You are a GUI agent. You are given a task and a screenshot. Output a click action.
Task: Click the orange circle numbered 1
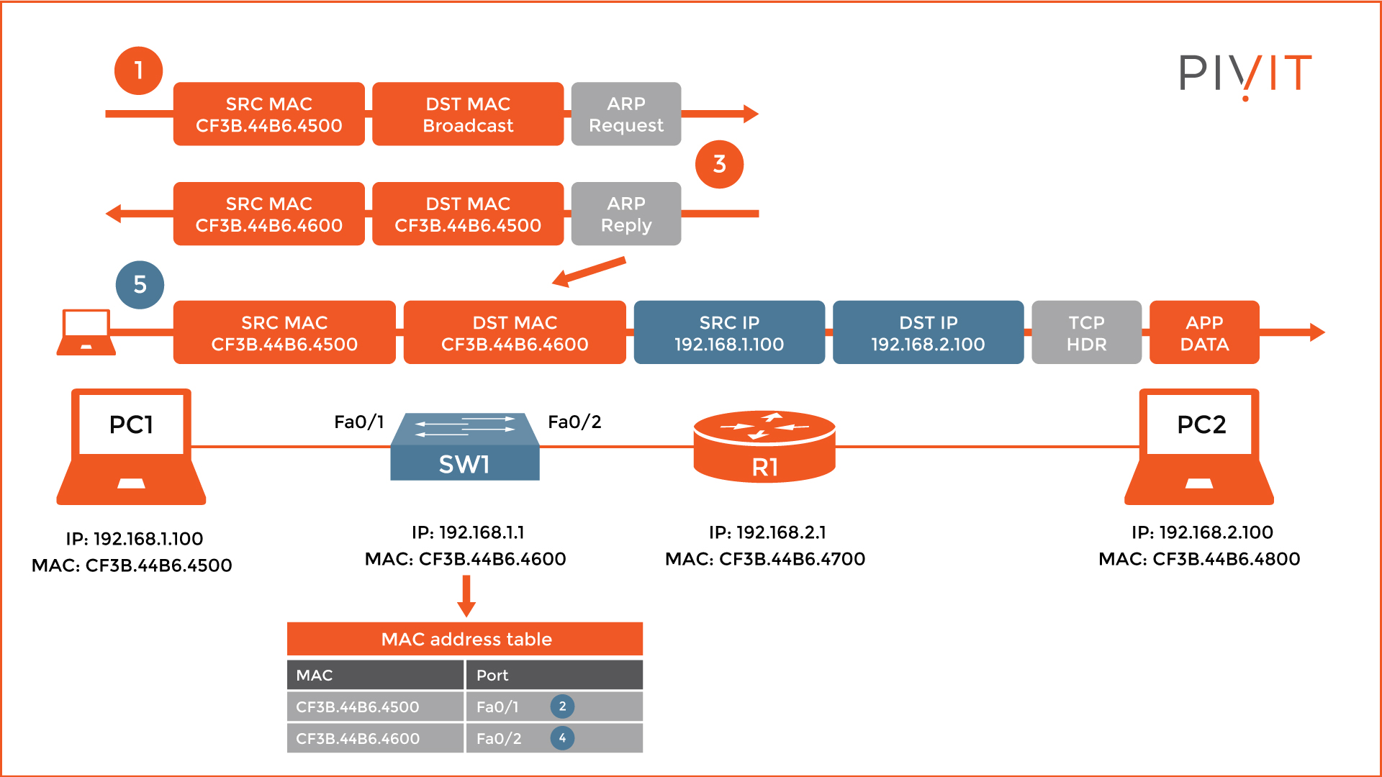[138, 71]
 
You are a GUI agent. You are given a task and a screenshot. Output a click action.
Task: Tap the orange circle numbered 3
[719, 164]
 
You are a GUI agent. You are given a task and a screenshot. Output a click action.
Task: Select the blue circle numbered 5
[140, 285]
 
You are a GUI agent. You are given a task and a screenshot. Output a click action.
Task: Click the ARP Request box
[625, 114]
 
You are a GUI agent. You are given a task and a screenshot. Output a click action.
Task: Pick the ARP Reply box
[625, 214]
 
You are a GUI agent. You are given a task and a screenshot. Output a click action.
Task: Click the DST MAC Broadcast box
[468, 114]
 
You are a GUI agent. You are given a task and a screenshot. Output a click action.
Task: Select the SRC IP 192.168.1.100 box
[729, 332]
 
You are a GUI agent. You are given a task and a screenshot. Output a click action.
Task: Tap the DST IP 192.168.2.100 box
[928, 332]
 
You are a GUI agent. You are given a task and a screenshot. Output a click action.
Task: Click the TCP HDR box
[1086, 332]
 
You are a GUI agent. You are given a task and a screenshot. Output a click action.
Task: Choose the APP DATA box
[1204, 332]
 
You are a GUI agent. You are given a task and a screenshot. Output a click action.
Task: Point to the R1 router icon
[764, 446]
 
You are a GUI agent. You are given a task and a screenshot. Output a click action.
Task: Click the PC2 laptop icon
[1199, 446]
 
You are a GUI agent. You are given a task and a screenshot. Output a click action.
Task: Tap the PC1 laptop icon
[131, 446]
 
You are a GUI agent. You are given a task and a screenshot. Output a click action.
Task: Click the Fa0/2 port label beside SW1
[574, 422]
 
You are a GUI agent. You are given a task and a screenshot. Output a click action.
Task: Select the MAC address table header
[465, 639]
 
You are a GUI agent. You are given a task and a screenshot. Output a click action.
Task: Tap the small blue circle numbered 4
[562, 738]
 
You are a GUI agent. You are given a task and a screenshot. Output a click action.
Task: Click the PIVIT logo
[1245, 75]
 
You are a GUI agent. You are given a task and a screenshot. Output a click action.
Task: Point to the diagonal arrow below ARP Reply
[589, 273]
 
